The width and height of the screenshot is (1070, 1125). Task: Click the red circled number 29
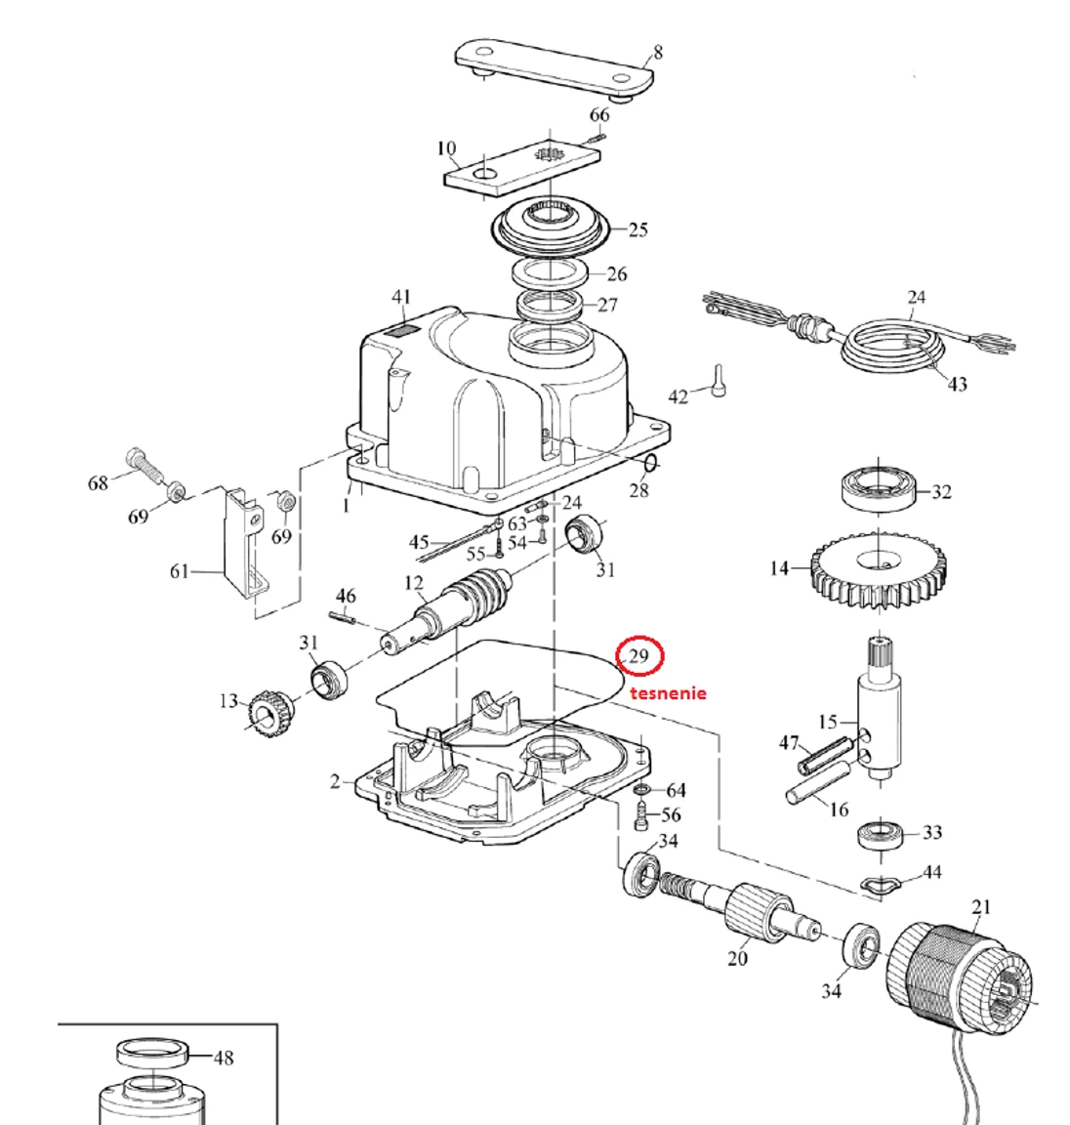[638, 655]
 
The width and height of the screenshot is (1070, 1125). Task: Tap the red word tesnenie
[668, 693]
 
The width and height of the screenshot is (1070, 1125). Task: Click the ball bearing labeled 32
[880, 487]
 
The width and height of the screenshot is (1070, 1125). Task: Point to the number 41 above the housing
[401, 297]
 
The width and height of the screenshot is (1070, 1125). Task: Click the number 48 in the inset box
[223, 1057]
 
